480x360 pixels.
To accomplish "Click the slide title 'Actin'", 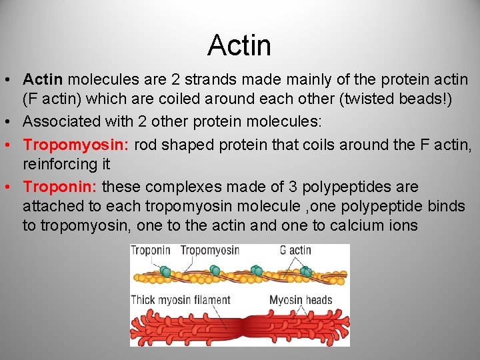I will coord(239,45).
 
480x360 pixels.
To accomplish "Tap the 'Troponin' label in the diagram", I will coord(151,251).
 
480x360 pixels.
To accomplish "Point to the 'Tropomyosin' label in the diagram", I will coord(207,251).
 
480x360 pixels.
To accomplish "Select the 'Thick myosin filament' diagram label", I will coord(181,300).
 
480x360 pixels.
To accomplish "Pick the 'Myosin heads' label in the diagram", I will coord(300,300).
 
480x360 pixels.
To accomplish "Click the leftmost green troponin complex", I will coord(165,271).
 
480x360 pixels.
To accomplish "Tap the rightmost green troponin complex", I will coord(306,271).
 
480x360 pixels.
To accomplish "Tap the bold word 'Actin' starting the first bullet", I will coord(44,80).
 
